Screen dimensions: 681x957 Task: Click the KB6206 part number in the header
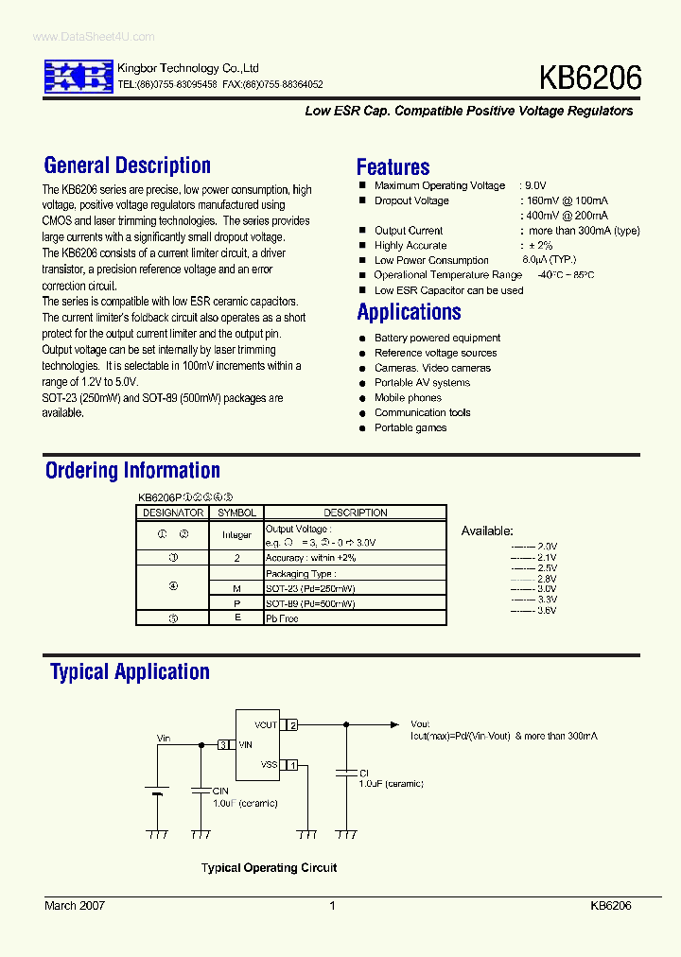[590, 78]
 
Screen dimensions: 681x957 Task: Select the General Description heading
[128, 165]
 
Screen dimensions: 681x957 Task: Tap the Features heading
[393, 167]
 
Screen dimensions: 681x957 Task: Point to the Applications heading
[409, 312]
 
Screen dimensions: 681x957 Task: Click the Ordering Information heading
[132, 470]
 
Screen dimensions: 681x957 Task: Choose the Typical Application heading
[130, 672]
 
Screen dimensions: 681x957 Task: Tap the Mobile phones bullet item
[408, 398]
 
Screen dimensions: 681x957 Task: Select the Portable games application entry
[410, 428]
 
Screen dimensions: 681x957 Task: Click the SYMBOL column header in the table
[236, 513]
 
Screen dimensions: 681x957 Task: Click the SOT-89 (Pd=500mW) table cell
[310, 603]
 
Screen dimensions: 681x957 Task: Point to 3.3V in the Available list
[547, 600]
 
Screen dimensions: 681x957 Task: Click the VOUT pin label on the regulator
[266, 725]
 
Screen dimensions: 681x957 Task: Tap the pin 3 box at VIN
[223, 745]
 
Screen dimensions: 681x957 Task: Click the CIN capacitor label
[220, 791]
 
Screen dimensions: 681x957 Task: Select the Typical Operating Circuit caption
[269, 868]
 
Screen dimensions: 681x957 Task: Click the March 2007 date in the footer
[75, 906]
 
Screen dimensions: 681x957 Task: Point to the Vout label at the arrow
[420, 724]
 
